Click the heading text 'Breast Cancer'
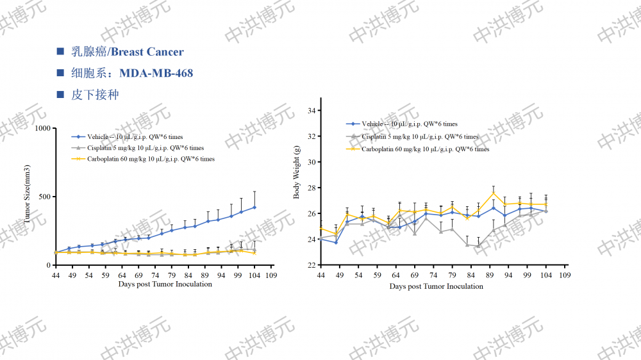point(147,52)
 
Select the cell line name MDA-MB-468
point(156,73)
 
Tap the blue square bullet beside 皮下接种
point(60,95)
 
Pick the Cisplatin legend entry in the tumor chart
point(137,148)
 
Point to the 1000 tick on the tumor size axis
point(43,128)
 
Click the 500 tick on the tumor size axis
point(45,197)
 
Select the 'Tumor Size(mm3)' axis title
point(28,197)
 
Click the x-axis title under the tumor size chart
point(165,284)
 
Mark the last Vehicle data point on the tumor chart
point(254,207)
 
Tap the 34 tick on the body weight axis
point(312,111)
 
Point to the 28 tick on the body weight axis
point(312,188)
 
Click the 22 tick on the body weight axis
point(312,265)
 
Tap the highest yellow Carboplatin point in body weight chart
point(494,193)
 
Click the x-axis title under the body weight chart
point(436,286)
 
